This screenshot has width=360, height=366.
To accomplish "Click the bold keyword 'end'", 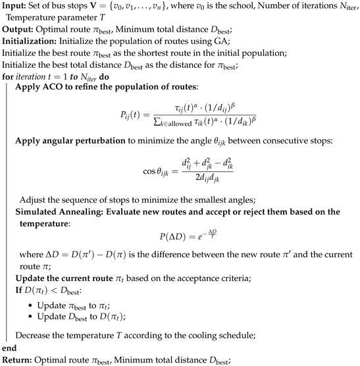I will click(x=9, y=348).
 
